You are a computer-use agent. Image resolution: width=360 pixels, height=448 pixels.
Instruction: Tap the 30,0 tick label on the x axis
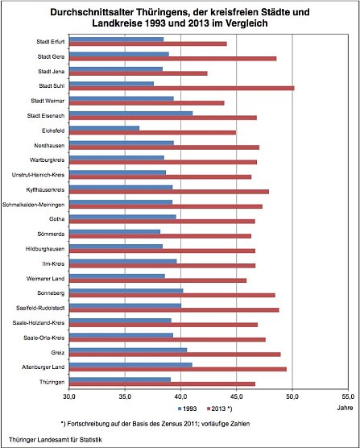click(x=69, y=396)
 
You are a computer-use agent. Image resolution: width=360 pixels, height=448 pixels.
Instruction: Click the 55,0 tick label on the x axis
click(x=348, y=396)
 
